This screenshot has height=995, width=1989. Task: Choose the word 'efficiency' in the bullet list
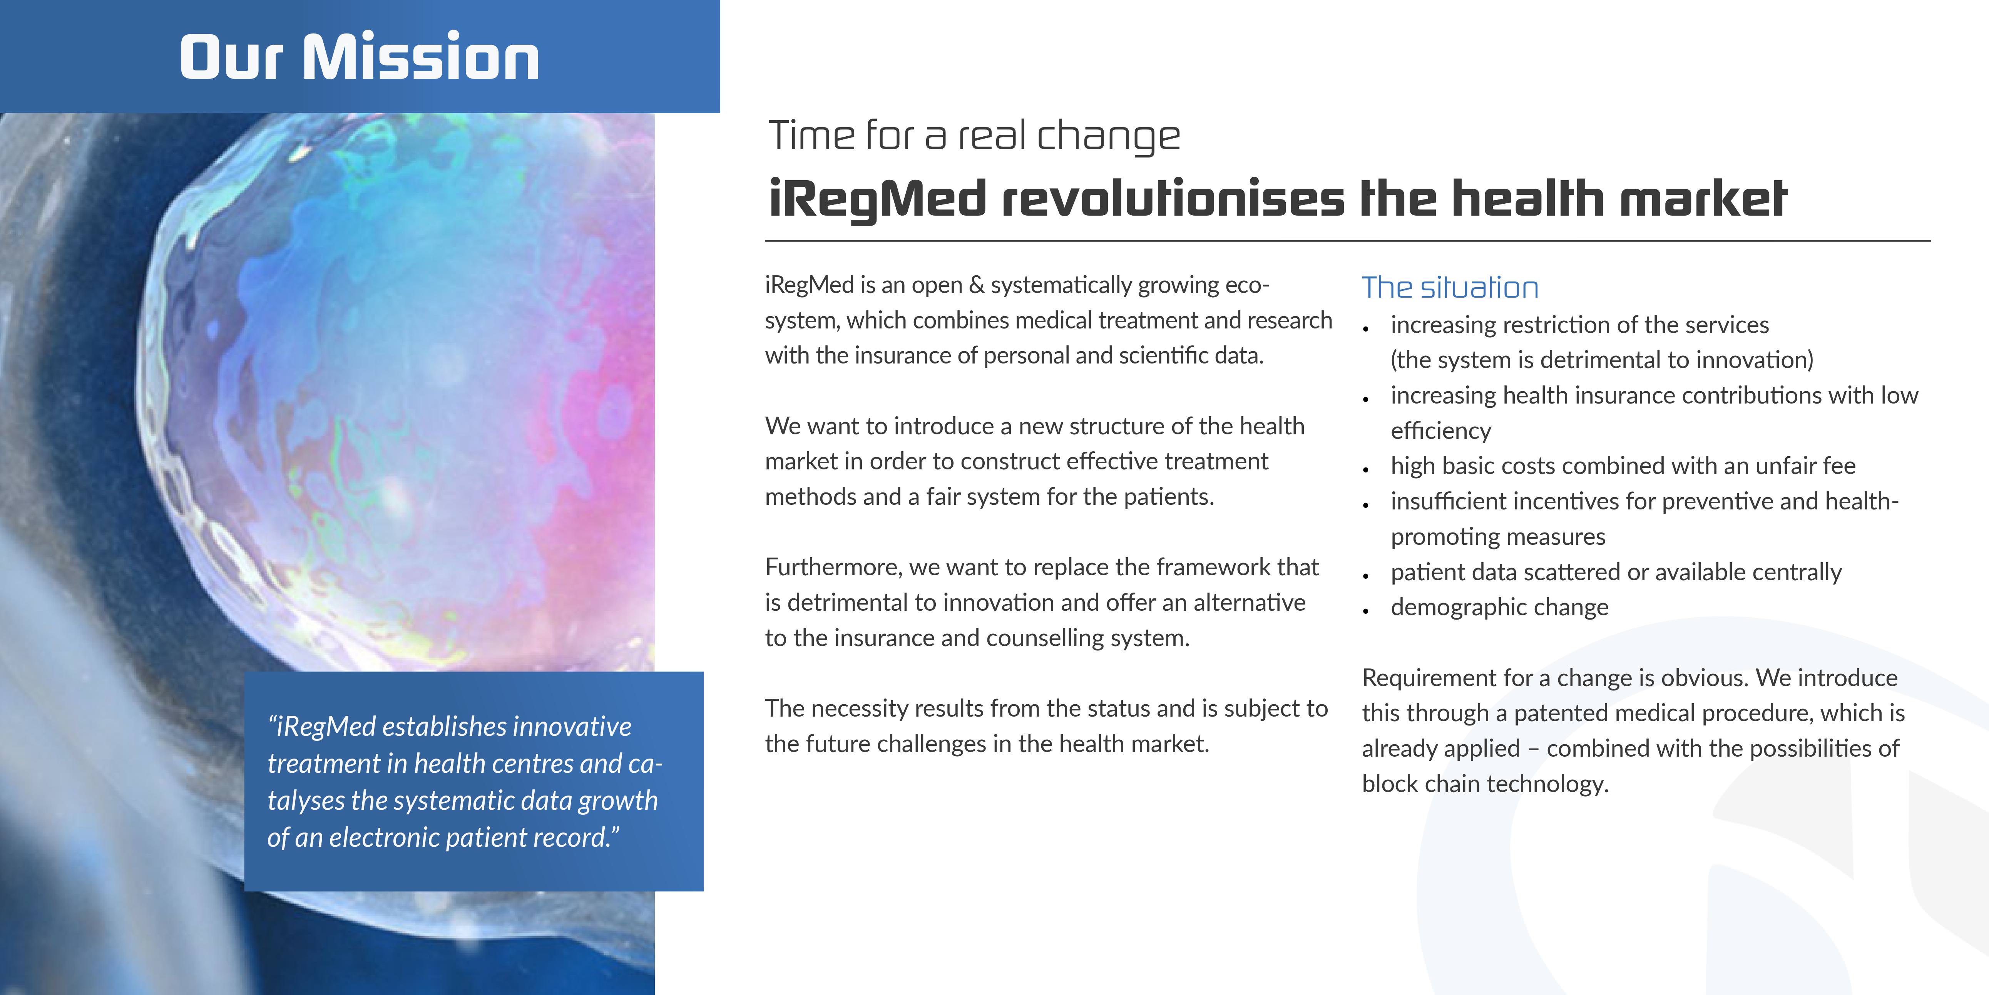pos(1441,431)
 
